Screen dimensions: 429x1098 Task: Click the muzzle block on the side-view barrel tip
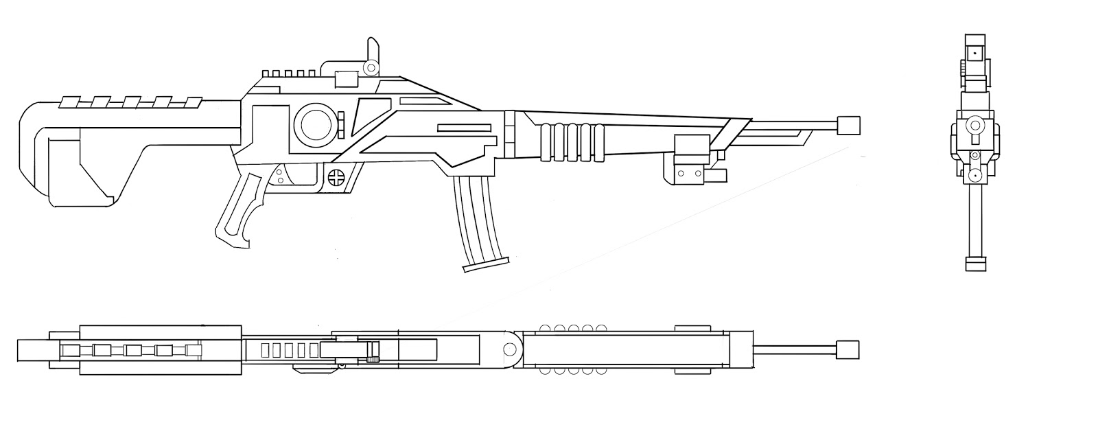(849, 126)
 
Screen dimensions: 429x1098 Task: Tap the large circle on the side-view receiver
(314, 124)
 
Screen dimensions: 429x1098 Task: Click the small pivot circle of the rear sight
(371, 67)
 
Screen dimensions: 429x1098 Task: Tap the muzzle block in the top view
(849, 349)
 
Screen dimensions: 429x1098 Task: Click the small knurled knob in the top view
(374, 358)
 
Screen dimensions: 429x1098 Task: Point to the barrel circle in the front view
(972, 126)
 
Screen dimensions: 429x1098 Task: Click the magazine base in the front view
(974, 264)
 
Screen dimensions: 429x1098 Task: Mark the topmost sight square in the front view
(974, 51)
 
